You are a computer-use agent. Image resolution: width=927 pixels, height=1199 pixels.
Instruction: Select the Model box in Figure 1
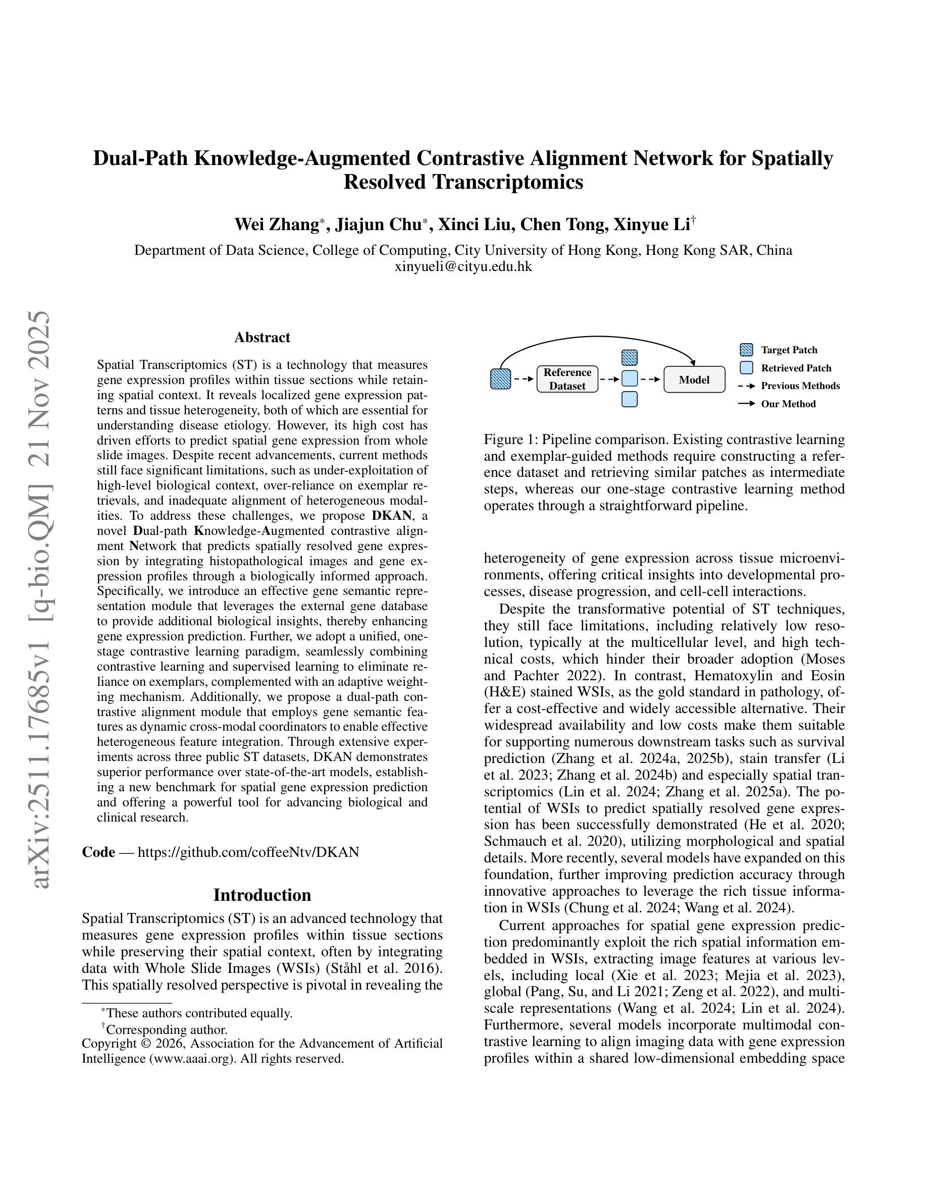point(694,379)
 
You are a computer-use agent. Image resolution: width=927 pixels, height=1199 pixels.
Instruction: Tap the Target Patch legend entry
point(789,350)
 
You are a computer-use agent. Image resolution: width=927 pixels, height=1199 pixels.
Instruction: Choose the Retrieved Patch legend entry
point(796,368)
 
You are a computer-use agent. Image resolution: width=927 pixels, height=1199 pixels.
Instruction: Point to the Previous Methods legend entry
point(800,386)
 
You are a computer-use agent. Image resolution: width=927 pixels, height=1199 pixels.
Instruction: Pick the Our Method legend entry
point(788,404)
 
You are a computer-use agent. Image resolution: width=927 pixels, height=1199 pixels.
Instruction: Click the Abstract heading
point(262,337)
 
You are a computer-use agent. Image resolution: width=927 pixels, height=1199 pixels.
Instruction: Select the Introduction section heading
point(262,895)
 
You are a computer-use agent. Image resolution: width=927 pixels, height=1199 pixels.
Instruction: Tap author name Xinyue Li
point(651,225)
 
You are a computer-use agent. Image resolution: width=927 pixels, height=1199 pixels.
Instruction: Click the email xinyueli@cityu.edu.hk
point(463,267)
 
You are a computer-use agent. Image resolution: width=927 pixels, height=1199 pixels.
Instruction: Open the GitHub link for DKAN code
point(248,852)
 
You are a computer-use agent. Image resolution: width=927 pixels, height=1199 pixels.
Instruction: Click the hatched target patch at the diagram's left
point(500,379)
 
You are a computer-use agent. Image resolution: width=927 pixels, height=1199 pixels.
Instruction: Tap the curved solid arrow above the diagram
point(599,337)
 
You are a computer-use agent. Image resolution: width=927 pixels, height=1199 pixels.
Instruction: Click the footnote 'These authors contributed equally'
point(199,1013)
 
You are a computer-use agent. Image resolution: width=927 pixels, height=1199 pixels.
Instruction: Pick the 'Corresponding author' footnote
point(167,1029)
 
